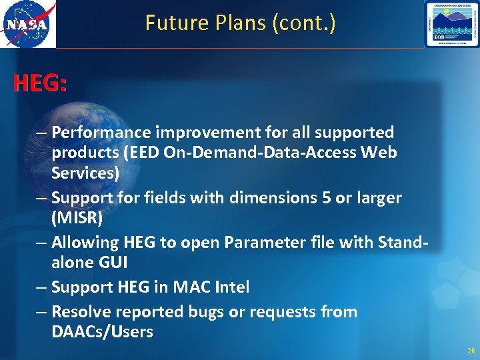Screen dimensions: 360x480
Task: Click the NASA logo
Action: [28, 25]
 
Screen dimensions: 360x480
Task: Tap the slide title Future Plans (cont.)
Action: [240, 23]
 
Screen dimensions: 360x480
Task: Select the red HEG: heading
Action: [40, 84]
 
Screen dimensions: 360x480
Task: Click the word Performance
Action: [94, 133]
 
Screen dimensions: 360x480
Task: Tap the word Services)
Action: [85, 173]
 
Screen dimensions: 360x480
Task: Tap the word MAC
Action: [189, 287]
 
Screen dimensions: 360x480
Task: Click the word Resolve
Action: [81, 312]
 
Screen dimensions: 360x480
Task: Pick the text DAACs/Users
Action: [102, 332]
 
